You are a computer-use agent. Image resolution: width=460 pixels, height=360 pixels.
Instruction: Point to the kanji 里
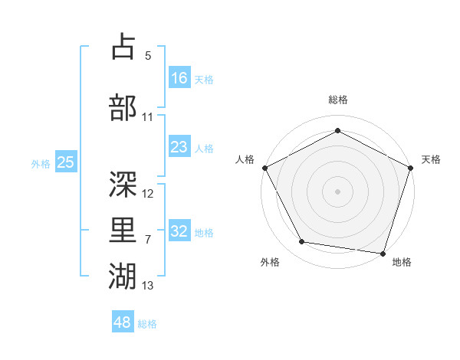pos(123,229)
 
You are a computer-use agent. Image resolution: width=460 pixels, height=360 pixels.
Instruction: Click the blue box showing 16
pos(179,77)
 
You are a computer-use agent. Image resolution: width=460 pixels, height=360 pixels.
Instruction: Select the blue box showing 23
pos(179,147)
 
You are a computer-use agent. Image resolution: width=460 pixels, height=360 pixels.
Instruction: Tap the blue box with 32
pos(179,231)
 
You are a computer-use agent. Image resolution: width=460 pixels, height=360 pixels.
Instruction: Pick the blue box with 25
pos(65,162)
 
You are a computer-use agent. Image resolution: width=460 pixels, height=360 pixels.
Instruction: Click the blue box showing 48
pos(123,322)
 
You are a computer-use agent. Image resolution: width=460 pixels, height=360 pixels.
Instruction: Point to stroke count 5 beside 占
pos(148,56)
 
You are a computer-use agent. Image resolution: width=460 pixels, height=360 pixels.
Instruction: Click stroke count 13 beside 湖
pos(148,286)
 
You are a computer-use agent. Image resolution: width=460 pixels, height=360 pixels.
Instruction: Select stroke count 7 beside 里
pos(148,240)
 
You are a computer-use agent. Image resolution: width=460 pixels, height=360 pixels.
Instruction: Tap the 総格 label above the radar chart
pos(338,100)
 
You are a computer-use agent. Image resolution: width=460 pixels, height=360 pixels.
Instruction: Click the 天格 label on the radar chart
pos(432,159)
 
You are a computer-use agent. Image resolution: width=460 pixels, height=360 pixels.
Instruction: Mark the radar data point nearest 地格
pos(383,253)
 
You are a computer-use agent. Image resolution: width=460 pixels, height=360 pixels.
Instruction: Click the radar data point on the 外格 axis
pos(302,242)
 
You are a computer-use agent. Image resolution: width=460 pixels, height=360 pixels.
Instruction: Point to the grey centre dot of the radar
pos(338,191)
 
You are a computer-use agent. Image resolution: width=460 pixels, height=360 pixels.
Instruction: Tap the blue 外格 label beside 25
pos(41,163)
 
